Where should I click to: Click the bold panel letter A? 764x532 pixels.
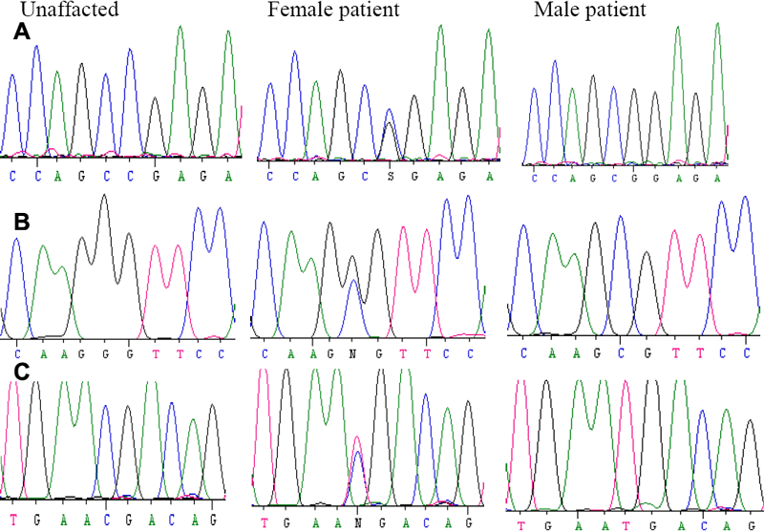(x=21, y=33)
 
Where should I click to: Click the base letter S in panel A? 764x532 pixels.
(x=389, y=178)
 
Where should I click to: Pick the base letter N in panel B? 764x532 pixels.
(x=353, y=353)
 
